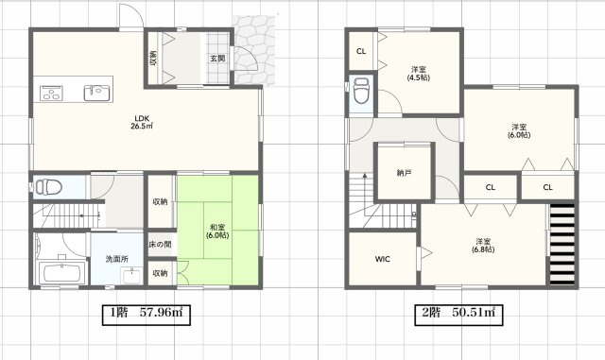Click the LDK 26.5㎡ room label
point(142,122)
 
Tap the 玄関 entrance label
point(217,59)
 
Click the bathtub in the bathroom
point(62,273)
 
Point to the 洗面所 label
point(117,259)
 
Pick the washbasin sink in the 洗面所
point(131,276)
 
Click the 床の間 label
point(160,244)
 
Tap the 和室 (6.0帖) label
point(217,231)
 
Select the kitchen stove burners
point(51,93)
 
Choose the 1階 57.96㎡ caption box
point(147,315)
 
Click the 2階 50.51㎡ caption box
point(458,315)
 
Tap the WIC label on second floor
point(382,259)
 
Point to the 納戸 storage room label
point(404,173)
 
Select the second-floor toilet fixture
point(361,91)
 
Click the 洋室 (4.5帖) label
point(419,74)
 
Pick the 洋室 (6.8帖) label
point(483,246)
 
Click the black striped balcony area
point(562,245)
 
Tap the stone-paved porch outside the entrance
point(254,50)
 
